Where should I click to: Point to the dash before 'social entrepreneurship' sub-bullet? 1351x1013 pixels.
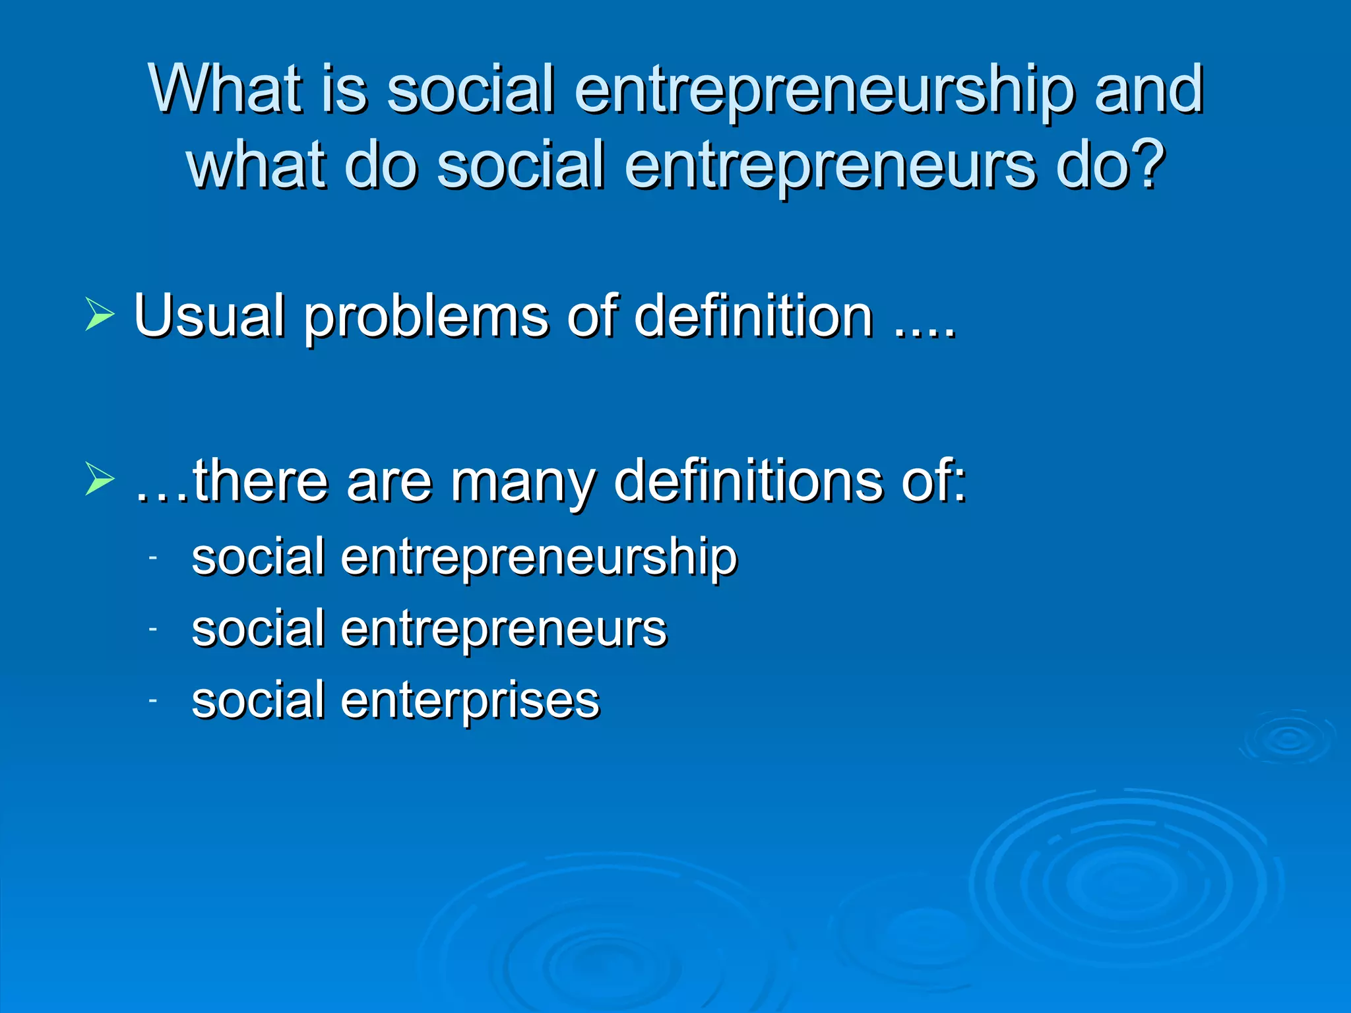click(152, 558)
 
